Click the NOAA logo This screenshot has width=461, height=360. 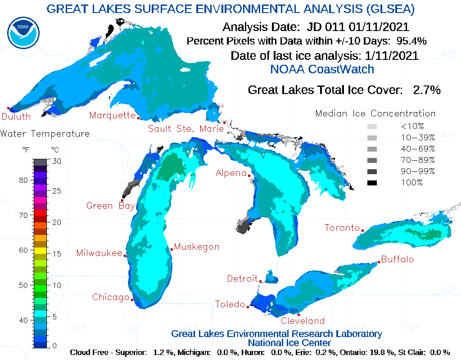pyautogui.click(x=23, y=32)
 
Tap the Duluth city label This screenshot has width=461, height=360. pyautogui.click(x=16, y=117)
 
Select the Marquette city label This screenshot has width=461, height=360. pyautogui.click(x=112, y=115)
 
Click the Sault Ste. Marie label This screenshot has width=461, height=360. pyautogui.click(x=186, y=129)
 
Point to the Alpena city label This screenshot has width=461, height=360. pyautogui.click(x=231, y=173)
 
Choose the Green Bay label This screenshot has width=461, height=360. pyautogui.click(x=110, y=206)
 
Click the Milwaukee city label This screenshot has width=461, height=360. pyautogui.click(x=99, y=253)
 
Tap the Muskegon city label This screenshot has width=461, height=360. pyautogui.click(x=197, y=247)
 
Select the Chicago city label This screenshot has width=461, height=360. pyautogui.click(x=111, y=297)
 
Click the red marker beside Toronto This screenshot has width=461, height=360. pyautogui.click(x=362, y=230)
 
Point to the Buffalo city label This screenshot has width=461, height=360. pyautogui.click(x=397, y=260)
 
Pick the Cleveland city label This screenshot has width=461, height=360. pyautogui.click(x=303, y=321)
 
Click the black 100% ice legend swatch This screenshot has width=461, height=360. pyautogui.click(x=372, y=183)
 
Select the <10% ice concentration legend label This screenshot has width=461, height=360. pyautogui.click(x=412, y=126)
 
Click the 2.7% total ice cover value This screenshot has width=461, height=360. pyautogui.click(x=426, y=90)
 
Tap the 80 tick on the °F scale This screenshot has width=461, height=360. pyautogui.click(x=23, y=180)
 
